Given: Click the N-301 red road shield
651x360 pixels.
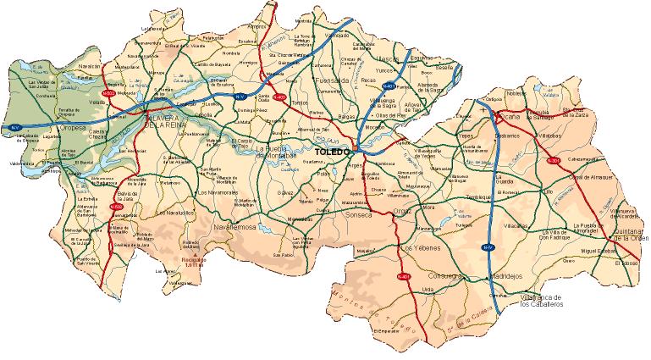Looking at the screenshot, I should click(554, 159).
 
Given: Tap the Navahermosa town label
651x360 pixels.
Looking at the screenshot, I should click(234, 228).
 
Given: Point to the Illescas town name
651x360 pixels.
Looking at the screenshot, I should click(386, 59).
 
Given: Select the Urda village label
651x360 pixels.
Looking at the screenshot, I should click(428, 290).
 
